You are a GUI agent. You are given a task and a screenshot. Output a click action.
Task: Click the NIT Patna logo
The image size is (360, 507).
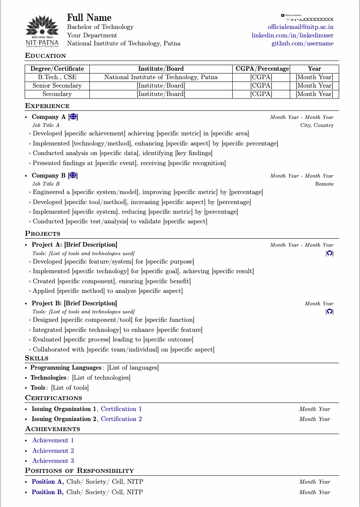(x=42, y=31)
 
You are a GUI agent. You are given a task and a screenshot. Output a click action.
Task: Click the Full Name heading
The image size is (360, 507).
(x=89, y=18)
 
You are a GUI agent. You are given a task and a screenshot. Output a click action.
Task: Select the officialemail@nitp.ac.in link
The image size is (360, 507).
(x=301, y=27)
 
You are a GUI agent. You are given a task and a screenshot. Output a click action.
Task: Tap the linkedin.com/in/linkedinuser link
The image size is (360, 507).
(x=292, y=35)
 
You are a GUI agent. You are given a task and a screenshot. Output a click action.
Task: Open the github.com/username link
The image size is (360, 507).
(x=302, y=43)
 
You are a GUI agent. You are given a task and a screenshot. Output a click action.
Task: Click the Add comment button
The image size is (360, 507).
(x=291, y=15)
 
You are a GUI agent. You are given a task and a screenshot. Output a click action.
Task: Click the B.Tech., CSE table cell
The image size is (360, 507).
(x=57, y=77)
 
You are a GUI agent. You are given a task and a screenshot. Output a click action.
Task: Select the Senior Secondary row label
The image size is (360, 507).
(x=57, y=86)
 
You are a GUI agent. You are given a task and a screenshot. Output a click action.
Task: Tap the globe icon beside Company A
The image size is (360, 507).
(x=73, y=117)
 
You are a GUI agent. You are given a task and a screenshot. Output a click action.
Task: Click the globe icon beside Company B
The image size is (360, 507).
(x=73, y=176)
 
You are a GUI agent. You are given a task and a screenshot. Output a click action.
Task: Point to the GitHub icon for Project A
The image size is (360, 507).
(x=329, y=253)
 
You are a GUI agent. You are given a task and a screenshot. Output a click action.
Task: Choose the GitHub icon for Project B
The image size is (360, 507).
(x=329, y=311)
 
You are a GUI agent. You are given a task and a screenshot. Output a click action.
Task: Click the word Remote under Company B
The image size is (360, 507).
(x=324, y=184)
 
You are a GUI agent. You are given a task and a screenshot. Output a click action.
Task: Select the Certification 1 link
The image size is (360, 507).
(x=121, y=409)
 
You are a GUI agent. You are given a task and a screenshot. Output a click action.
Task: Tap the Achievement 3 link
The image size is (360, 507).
(x=53, y=461)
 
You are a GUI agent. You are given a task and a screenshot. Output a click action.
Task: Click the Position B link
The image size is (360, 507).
(x=47, y=492)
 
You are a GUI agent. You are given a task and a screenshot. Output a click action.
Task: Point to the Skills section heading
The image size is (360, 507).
(x=37, y=358)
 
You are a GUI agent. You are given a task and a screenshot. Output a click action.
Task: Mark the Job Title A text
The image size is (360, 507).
(x=46, y=125)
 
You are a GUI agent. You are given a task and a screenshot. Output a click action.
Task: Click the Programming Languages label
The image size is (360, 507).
(x=66, y=368)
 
